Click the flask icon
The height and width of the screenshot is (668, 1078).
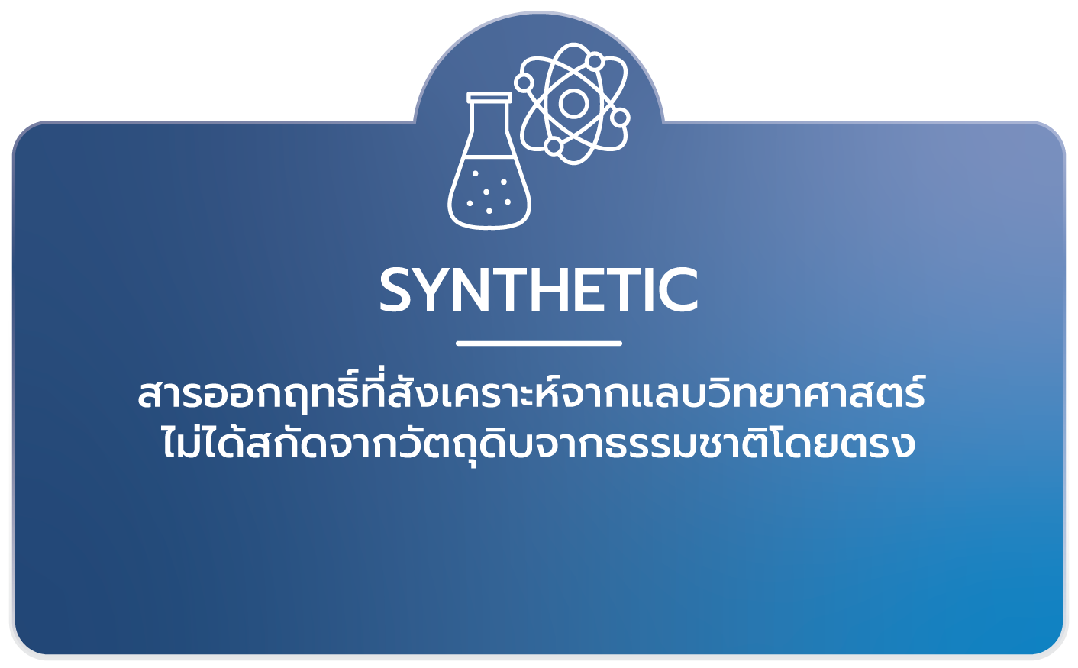pos(489,172)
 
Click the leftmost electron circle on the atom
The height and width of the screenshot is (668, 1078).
pos(524,82)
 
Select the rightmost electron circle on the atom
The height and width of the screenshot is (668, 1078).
pos(620,118)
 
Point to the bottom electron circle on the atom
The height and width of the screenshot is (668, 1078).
pos(554,145)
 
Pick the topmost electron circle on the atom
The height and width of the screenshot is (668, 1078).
pos(592,60)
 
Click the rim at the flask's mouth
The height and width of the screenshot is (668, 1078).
pos(489,98)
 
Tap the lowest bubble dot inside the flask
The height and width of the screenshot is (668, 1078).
pos(489,211)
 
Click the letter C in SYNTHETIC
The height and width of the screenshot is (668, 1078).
pos(676,290)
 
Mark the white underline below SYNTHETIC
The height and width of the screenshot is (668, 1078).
pos(539,344)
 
